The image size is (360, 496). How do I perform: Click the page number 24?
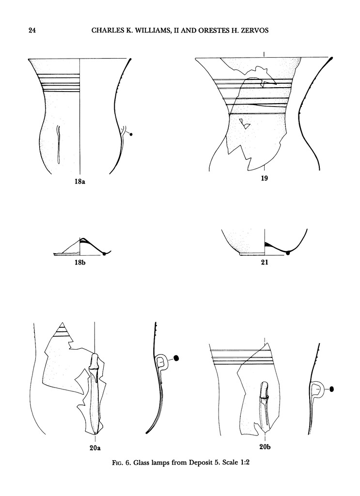(x=32, y=31)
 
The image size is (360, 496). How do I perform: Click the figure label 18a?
(x=80, y=182)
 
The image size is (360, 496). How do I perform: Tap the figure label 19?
(x=264, y=178)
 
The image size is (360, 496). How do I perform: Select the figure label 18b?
(x=80, y=262)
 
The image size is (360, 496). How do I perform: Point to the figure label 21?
(x=265, y=262)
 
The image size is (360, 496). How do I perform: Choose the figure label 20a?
(x=95, y=448)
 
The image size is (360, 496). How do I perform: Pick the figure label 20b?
(x=265, y=447)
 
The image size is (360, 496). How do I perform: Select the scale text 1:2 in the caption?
(x=244, y=463)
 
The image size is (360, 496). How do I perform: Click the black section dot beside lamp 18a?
(x=131, y=135)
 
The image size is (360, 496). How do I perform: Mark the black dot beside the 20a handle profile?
(x=176, y=358)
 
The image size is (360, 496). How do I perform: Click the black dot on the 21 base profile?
(x=287, y=253)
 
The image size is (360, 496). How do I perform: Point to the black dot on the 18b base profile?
(x=104, y=253)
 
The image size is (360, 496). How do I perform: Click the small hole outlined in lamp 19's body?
(x=245, y=124)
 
